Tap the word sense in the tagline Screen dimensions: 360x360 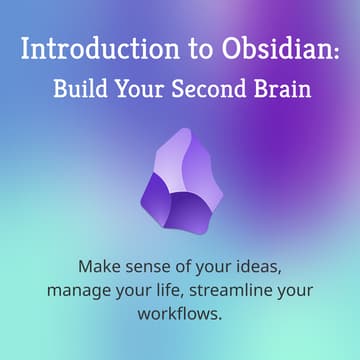click(149, 269)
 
